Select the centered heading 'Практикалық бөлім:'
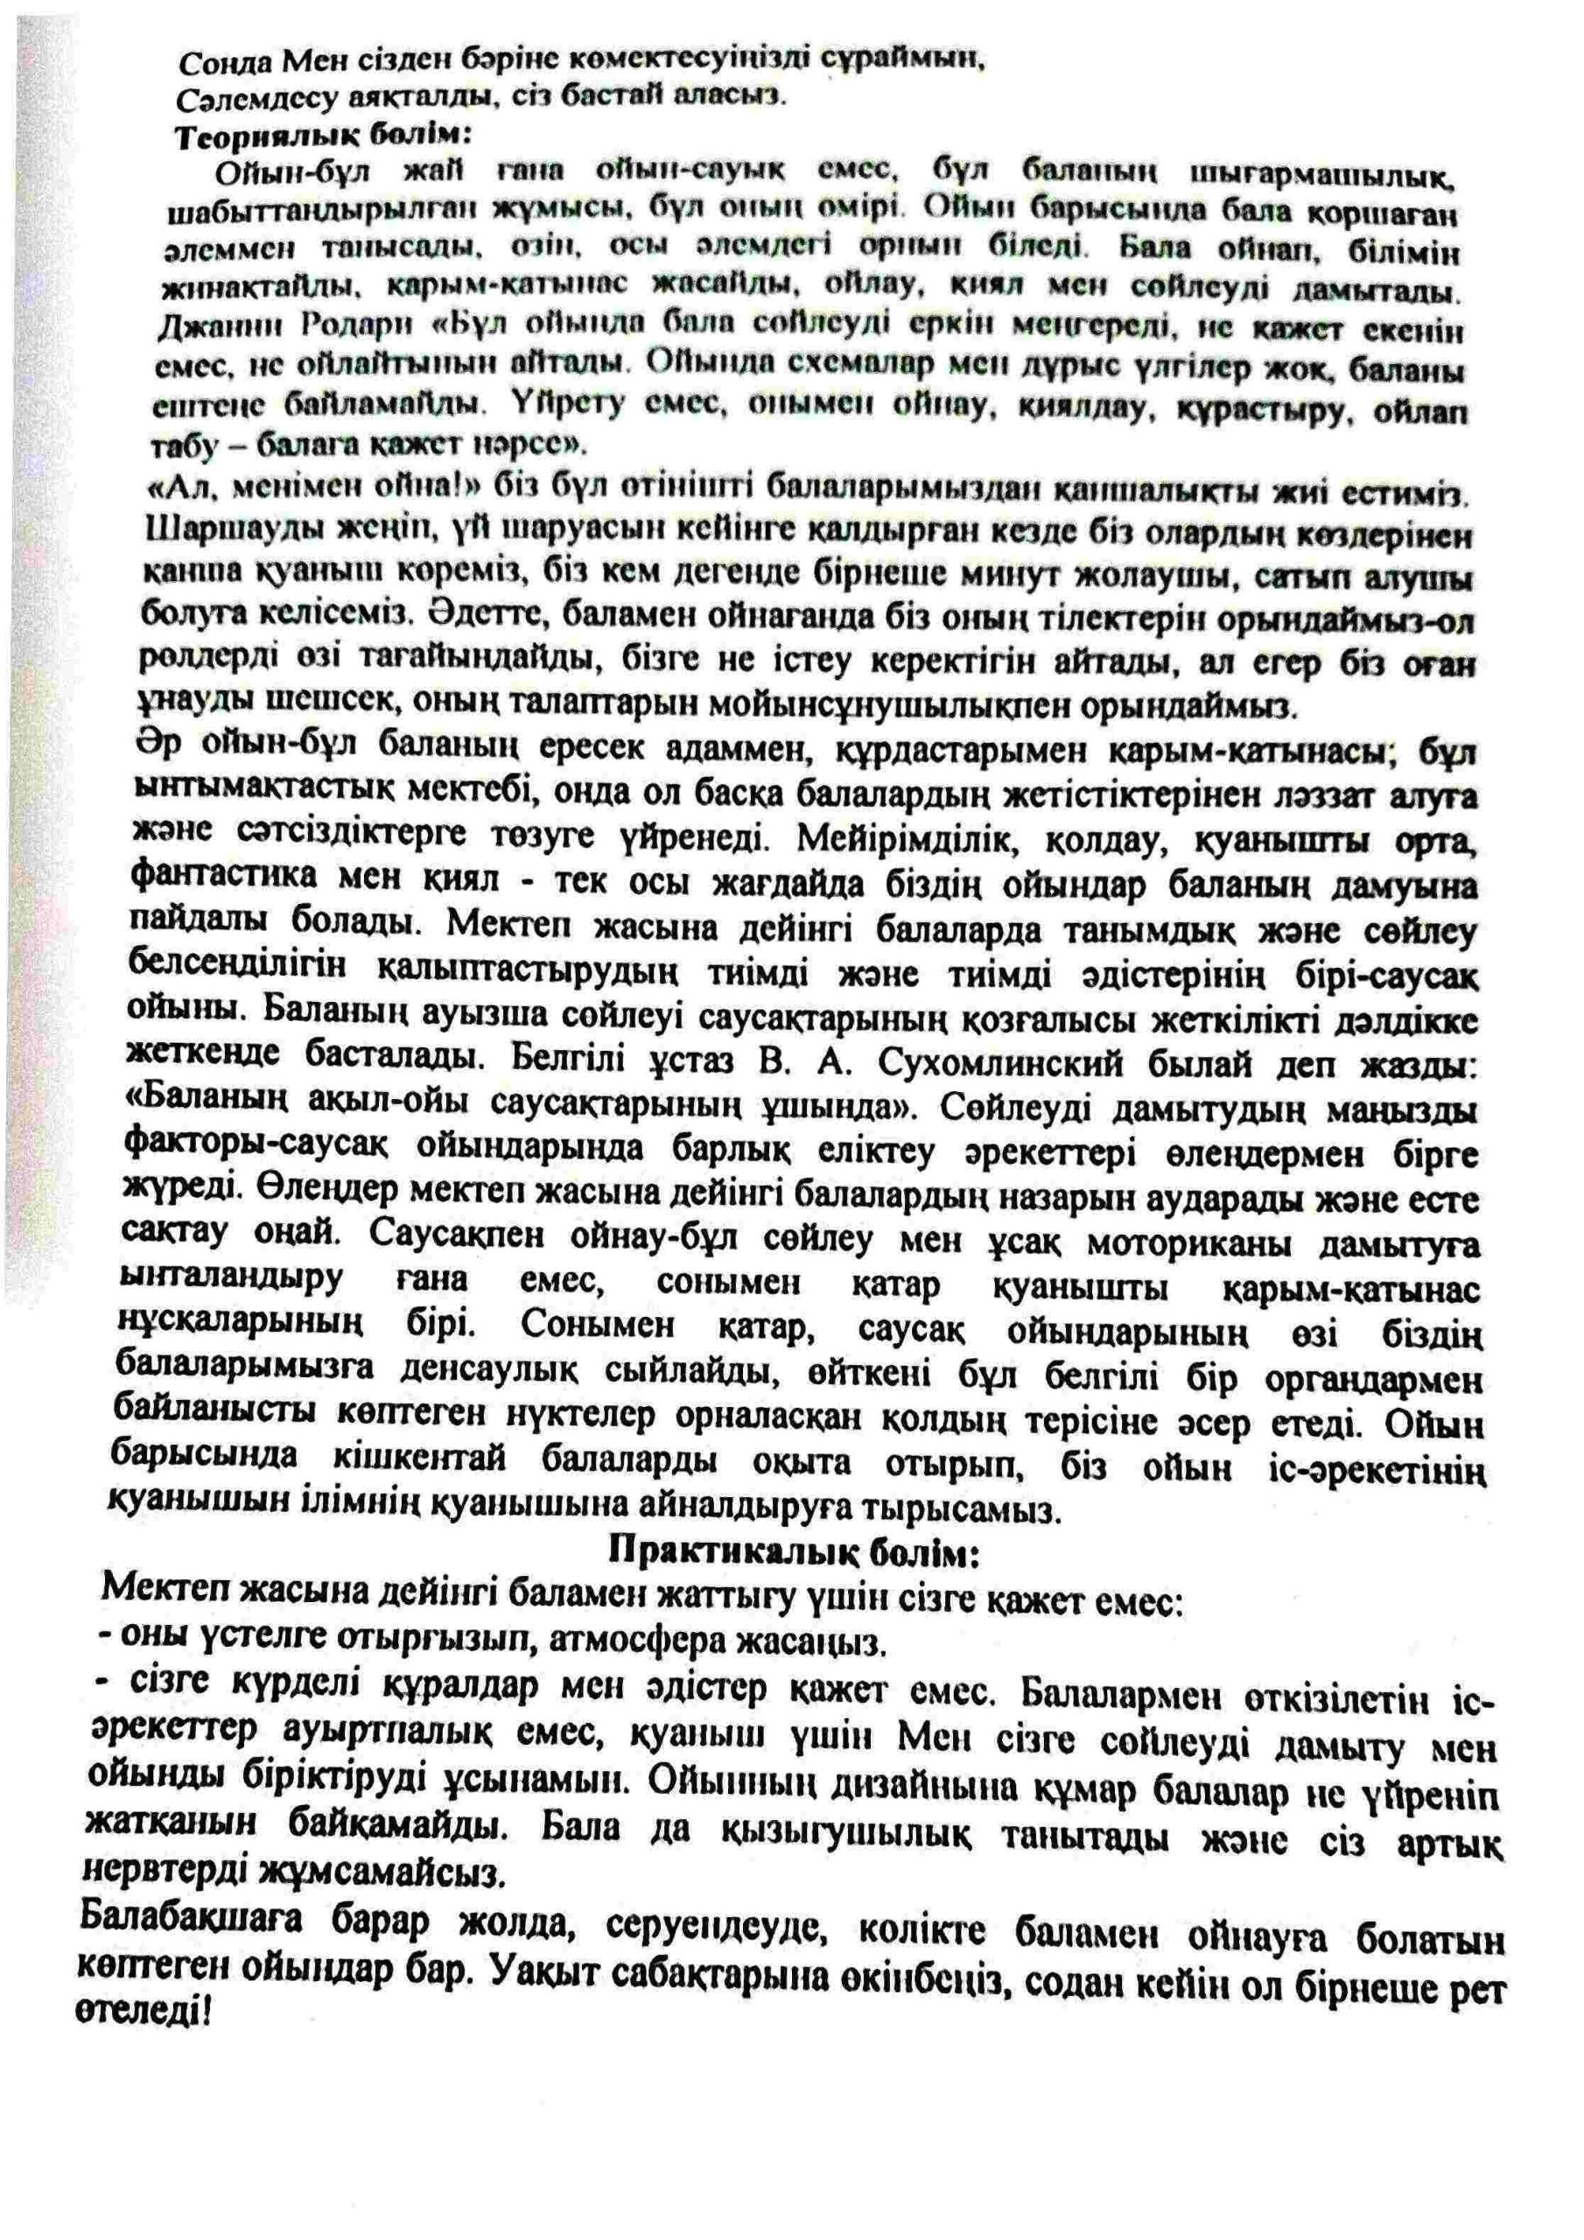pyautogui.click(x=791, y=1550)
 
